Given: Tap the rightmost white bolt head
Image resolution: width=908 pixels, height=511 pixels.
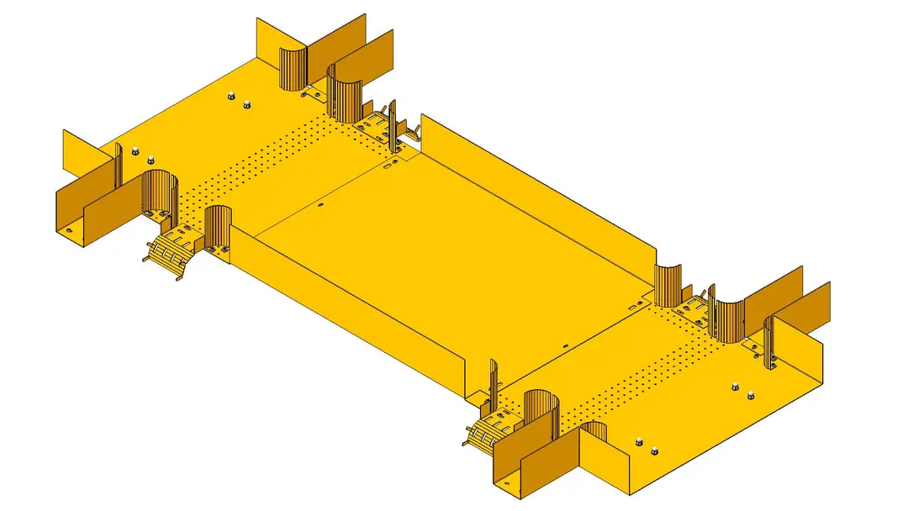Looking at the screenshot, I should pyautogui.click(x=751, y=395).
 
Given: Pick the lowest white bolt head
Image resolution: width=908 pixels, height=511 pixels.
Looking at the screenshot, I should pyautogui.click(x=654, y=450).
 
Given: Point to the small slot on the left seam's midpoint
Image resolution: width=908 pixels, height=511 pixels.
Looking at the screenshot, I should pyautogui.click(x=321, y=203).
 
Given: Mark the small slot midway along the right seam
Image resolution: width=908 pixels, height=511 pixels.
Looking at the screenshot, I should pyautogui.click(x=565, y=344).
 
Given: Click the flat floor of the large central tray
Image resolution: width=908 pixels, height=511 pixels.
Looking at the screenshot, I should pyautogui.click(x=454, y=252).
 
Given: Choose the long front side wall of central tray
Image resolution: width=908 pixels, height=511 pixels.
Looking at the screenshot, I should pyautogui.click(x=353, y=319).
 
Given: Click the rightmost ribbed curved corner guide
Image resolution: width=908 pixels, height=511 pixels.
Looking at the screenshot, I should pyautogui.click(x=728, y=318).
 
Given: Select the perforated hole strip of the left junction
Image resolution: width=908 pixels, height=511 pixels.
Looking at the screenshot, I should pyautogui.click(x=269, y=160).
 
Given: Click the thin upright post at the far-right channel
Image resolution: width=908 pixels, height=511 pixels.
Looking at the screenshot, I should pyautogui.click(x=768, y=345).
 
